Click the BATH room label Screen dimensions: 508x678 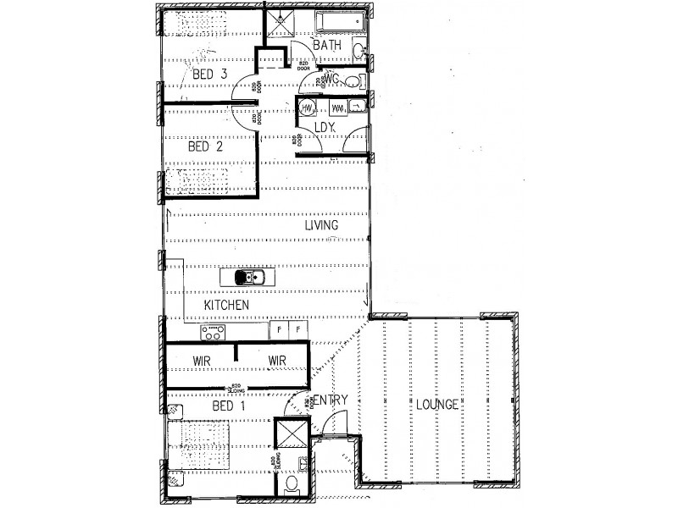click(x=326, y=44)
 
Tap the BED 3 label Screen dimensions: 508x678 click(x=208, y=75)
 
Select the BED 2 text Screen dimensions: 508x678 click(x=204, y=146)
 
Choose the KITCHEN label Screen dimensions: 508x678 click(x=226, y=304)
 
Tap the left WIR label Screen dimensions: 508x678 click(x=201, y=361)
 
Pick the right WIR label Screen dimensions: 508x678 click(x=276, y=361)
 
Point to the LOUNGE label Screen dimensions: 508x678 click(x=436, y=405)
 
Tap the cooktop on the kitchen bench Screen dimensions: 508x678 click(x=212, y=332)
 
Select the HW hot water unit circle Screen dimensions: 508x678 click(x=306, y=108)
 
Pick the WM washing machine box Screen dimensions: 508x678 click(x=338, y=108)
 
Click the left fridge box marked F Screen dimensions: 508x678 click(x=279, y=330)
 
